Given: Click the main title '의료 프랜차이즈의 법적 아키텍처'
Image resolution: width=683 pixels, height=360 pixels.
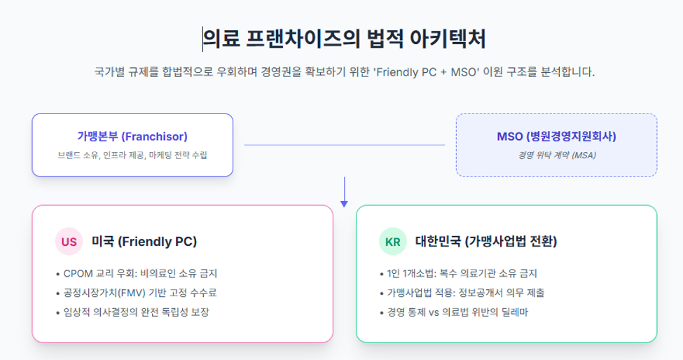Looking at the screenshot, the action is coord(344,39).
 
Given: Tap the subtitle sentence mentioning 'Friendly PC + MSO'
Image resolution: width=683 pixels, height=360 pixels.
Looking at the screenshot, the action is coord(344,72).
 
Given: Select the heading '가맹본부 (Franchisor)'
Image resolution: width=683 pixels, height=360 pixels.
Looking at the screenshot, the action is coord(132,137).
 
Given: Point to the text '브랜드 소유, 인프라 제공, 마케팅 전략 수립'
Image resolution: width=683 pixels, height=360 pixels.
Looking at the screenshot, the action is coord(132,155).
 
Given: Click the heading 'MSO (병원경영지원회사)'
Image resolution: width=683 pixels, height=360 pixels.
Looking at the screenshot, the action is coord(557,137).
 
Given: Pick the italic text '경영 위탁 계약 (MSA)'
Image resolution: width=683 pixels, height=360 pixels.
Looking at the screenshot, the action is coord(557,155).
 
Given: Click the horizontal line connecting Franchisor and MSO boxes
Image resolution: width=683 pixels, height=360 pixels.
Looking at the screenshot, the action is coord(345,145).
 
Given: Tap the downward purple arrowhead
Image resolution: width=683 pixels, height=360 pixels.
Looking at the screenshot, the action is coord(344,203).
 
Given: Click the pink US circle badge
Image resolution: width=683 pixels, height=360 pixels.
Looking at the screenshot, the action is coord(69,242).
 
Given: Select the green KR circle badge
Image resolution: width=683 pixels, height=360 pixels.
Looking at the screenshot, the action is coord(393,242).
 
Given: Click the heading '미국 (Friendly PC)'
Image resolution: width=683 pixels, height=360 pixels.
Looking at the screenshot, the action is coord(144,242).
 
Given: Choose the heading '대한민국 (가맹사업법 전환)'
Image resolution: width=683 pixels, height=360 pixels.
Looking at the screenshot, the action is coord(486,242).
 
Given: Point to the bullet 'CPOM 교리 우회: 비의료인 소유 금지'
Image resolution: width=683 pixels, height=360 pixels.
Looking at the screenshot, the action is coord(137,274).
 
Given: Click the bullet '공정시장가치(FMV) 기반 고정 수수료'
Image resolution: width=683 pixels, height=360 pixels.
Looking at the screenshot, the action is coord(137,293).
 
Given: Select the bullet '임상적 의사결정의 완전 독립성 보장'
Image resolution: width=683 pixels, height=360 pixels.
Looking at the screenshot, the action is coord(132,312).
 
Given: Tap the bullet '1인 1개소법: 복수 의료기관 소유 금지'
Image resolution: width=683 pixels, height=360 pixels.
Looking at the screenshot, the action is coord(458,274).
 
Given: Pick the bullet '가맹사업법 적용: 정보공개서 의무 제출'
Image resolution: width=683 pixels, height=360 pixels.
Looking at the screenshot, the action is coord(462,293).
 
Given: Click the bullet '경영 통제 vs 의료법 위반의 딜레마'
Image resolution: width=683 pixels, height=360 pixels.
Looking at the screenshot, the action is coord(454,312).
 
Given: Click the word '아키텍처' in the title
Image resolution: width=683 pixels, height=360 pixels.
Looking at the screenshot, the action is coord(448,39).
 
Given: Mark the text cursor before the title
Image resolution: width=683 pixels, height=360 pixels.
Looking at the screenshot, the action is coord(202,39).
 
